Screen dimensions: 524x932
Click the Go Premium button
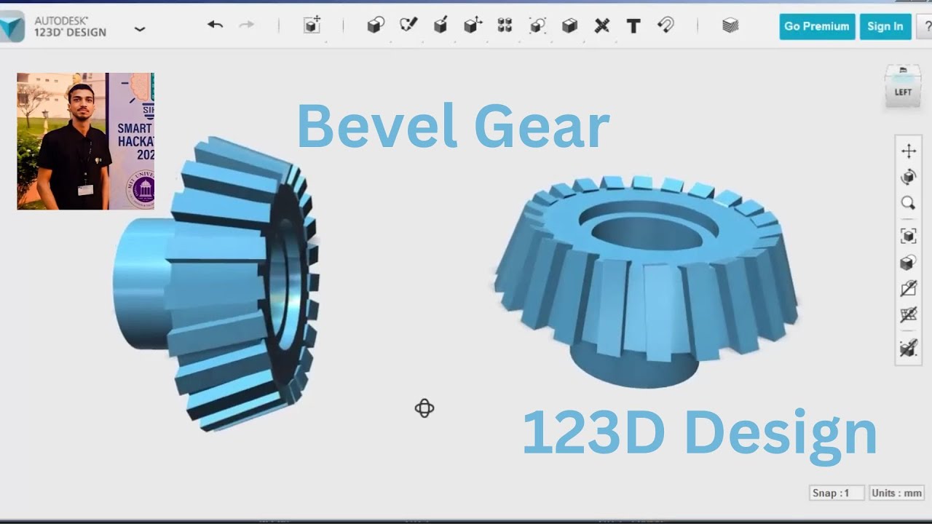[x=816, y=26]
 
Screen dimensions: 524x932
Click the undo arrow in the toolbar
[x=215, y=25]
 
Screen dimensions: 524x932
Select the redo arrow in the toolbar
[x=247, y=25]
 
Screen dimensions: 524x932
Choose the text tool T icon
[x=633, y=26]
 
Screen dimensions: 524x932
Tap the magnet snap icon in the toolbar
[x=666, y=25]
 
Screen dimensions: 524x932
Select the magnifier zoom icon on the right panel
[x=908, y=203]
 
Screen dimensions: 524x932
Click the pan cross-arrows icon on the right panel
[x=908, y=151]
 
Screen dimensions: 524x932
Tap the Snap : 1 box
[x=837, y=493]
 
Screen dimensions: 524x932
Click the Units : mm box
[x=896, y=493]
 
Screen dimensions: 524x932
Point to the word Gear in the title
[x=541, y=126]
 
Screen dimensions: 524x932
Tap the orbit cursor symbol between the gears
[x=424, y=408]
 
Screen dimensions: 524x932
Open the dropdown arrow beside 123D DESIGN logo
[x=140, y=29]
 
